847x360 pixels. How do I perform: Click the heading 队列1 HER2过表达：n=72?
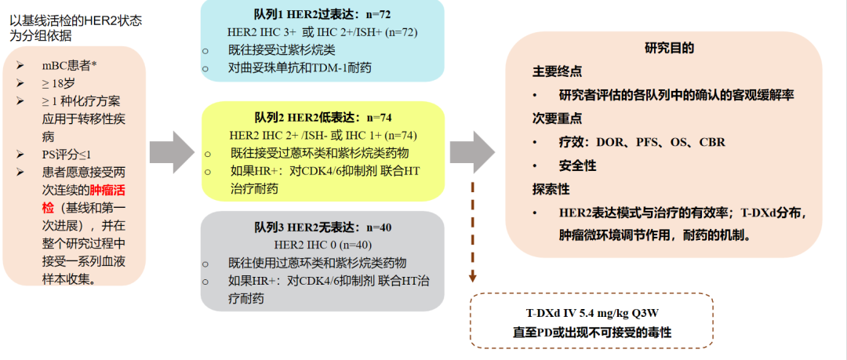(x=322, y=16)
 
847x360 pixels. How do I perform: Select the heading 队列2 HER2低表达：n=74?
(x=322, y=118)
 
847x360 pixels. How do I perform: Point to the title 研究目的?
(x=669, y=48)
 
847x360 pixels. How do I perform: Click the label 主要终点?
(x=557, y=71)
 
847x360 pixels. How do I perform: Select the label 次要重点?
(x=557, y=118)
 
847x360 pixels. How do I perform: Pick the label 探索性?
(x=551, y=189)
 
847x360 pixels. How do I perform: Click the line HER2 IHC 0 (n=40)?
(x=322, y=245)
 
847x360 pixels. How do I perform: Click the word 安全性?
(x=577, y=165)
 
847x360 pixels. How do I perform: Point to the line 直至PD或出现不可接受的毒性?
(x=592, y=332)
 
